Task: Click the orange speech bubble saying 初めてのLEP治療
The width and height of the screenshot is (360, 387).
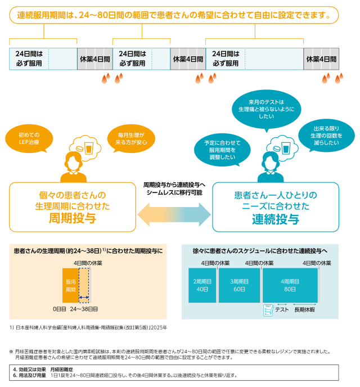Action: pos(29,138)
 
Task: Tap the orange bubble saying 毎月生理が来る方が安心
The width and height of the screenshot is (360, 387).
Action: pos(131,138)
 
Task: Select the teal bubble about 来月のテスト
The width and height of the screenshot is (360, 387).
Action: pos(266,109)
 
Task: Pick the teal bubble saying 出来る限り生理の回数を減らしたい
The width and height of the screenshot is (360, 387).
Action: pos(326,136)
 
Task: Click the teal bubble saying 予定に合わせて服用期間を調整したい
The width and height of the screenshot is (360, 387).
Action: pos(222,150)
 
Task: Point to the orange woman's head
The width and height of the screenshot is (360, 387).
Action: pos(73,160)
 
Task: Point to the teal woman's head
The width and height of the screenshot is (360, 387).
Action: pos(271,160)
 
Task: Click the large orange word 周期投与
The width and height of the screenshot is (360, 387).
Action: pos(73,218)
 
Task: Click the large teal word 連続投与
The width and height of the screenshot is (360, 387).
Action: pos(276,219)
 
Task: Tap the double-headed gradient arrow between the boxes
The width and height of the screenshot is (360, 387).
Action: pos(174,214)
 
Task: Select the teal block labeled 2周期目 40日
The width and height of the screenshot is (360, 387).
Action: pos(202,285)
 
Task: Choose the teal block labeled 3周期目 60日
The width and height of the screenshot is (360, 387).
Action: pos(239,285)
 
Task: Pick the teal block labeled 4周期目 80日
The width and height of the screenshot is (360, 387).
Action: pos(290,285)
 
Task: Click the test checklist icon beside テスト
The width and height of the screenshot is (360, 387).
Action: pos(268,310)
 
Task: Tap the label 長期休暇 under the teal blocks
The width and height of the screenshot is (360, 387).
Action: pos(304,310)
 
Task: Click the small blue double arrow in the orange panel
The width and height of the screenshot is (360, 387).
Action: pos(84,297)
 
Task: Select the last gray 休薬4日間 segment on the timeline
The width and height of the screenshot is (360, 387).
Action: pos(321,59)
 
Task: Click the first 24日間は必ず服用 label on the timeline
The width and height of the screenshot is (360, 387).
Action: pos(29,58)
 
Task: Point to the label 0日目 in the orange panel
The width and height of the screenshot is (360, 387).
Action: pos(60,309)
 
